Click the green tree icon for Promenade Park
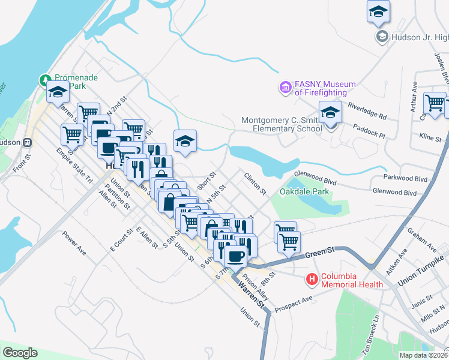[x=45, y=80]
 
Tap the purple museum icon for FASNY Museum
[x=286, y=88]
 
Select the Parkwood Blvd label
[x=405, y=178]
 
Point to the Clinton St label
[x=255, y=183]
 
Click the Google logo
[x=20, y=353]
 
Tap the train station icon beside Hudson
[x=27, y=143]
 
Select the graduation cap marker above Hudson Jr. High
[x=378, y=11]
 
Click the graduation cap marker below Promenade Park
[x=58, y=93]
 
